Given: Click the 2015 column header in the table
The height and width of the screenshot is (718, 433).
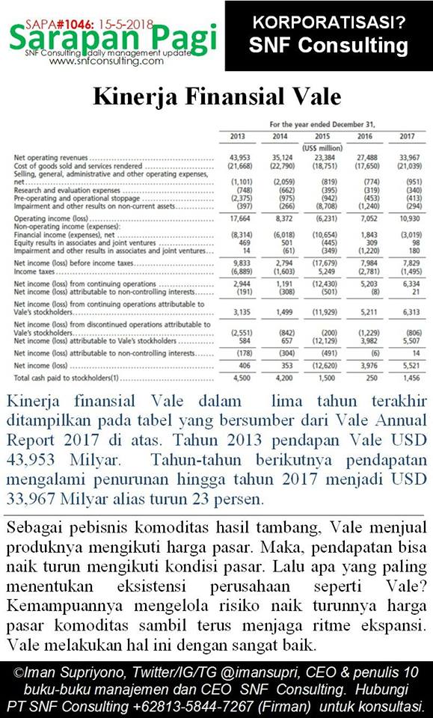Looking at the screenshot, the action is click(x=323, y=136).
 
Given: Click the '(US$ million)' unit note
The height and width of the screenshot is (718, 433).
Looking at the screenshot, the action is click(x=323, y=148).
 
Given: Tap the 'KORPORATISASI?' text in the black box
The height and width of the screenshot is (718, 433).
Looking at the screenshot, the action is click(x=329, y=22).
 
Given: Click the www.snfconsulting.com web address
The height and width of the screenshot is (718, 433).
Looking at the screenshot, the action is click(x=105, y=61).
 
